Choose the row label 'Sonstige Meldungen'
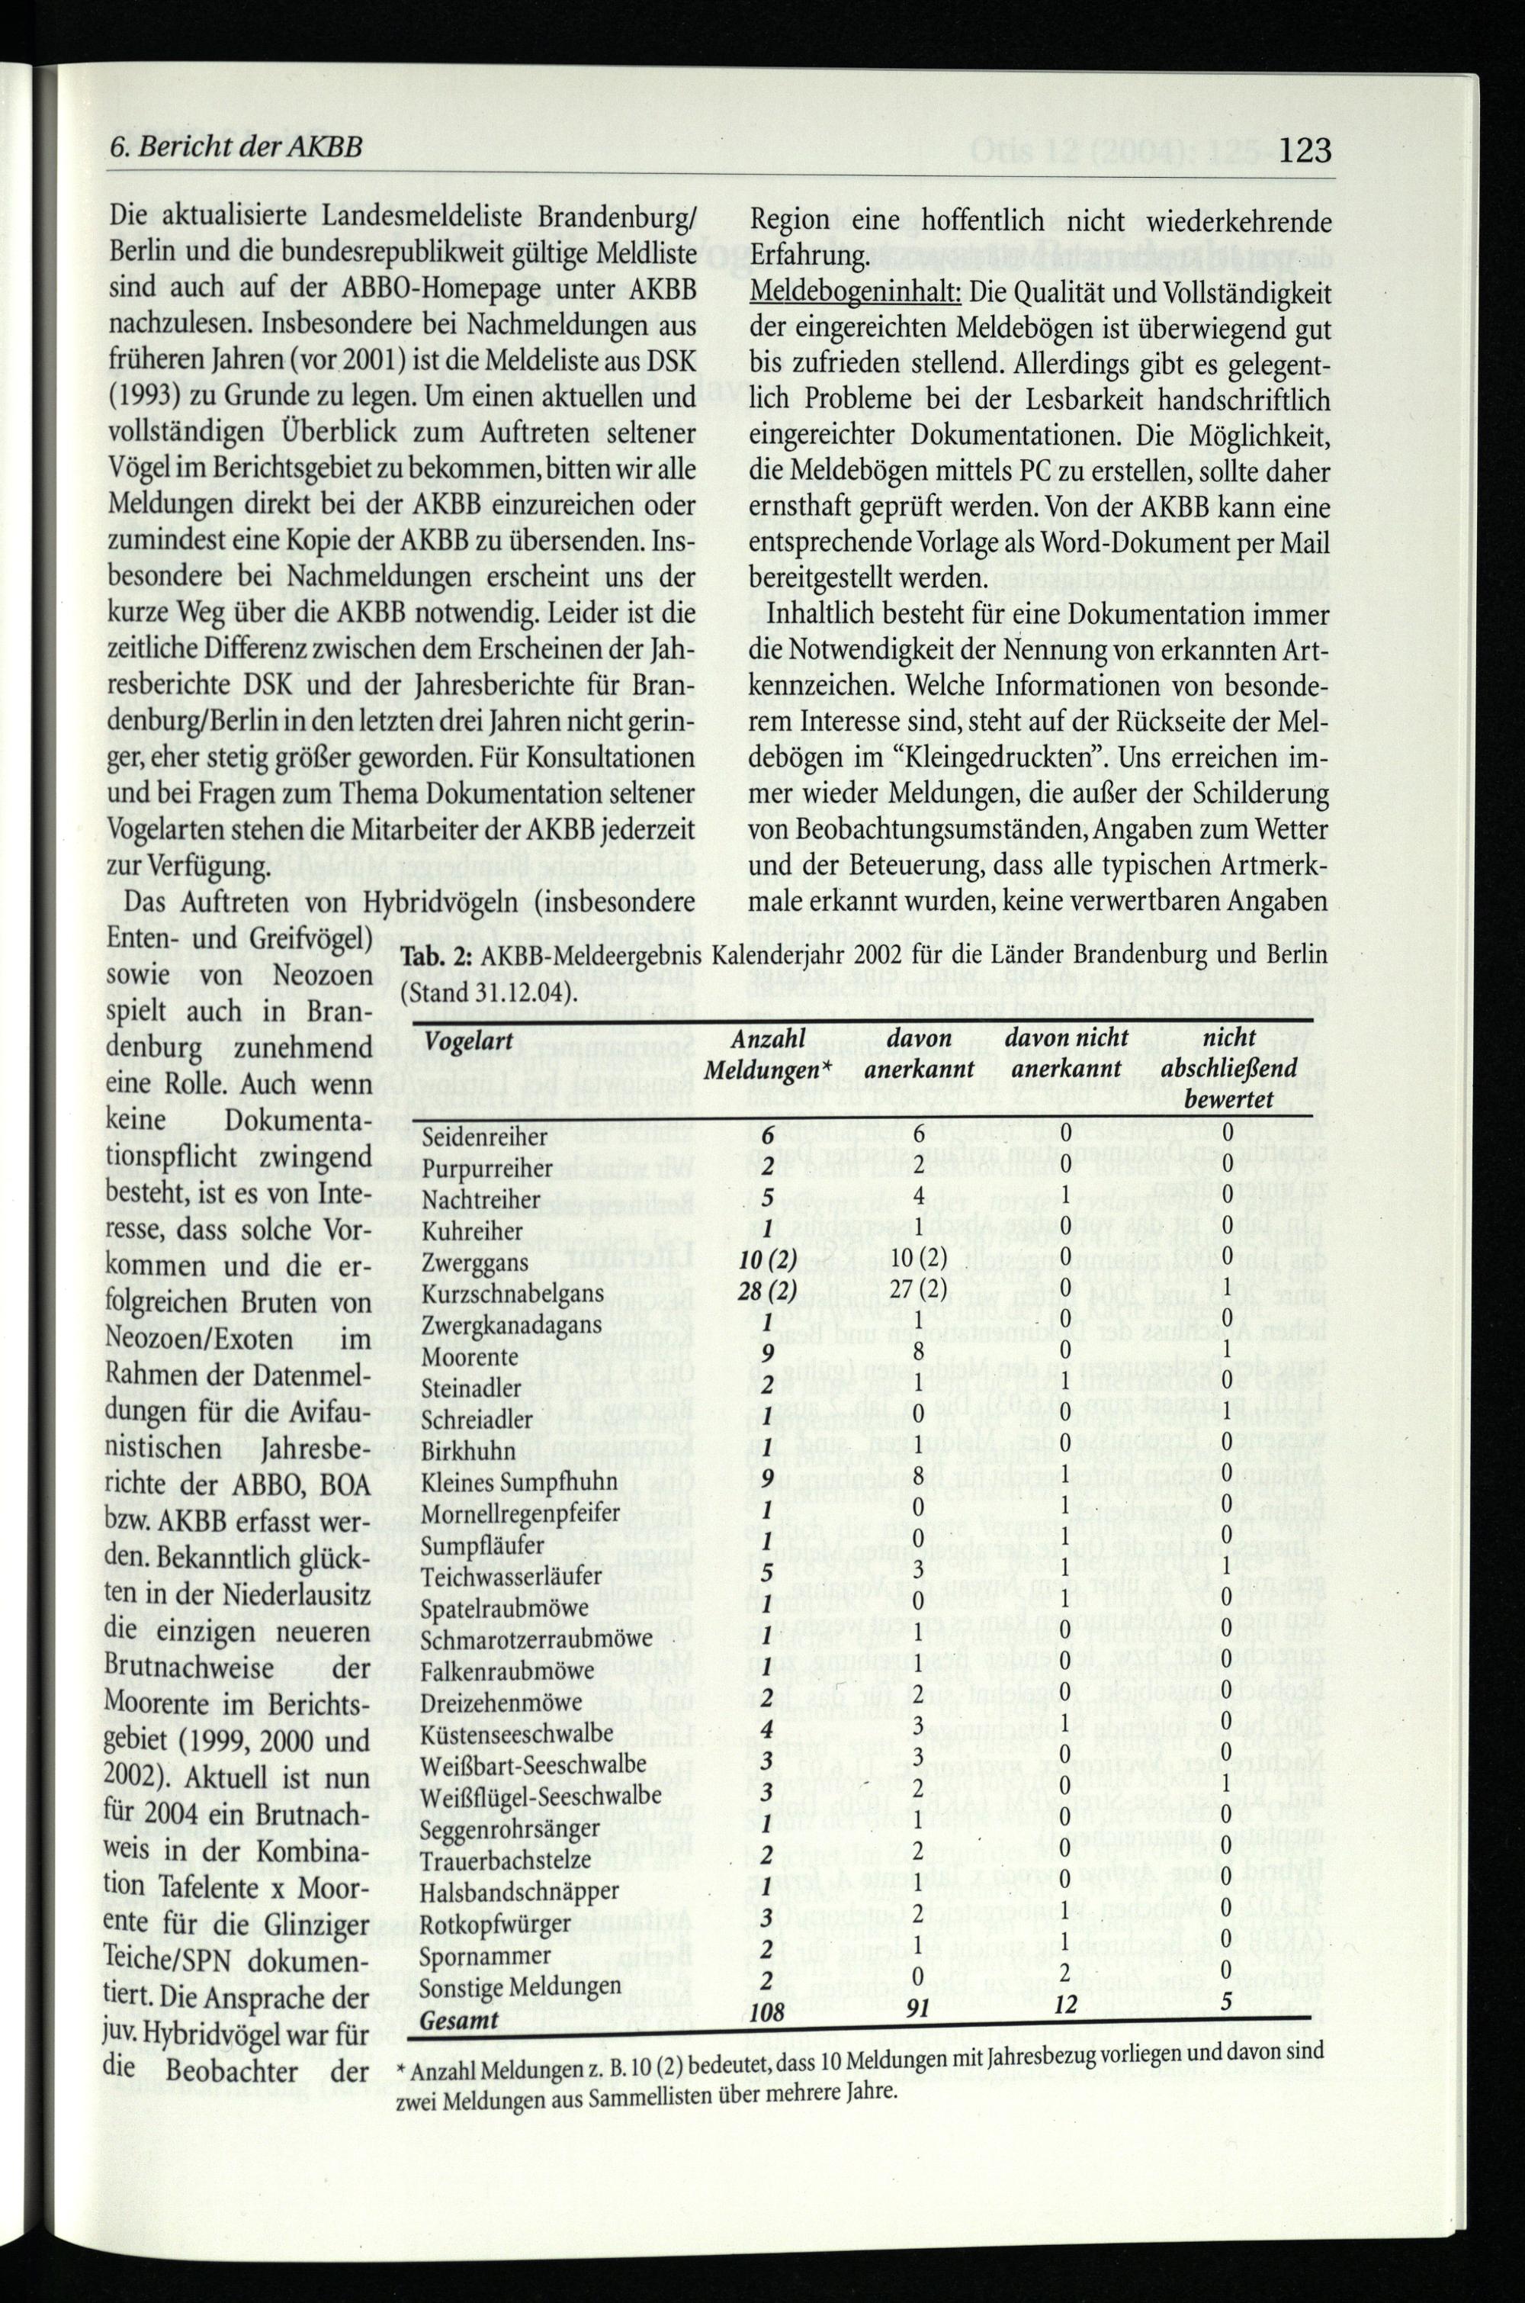tap(519, 2249)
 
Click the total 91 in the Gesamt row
tap(917, 2274)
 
